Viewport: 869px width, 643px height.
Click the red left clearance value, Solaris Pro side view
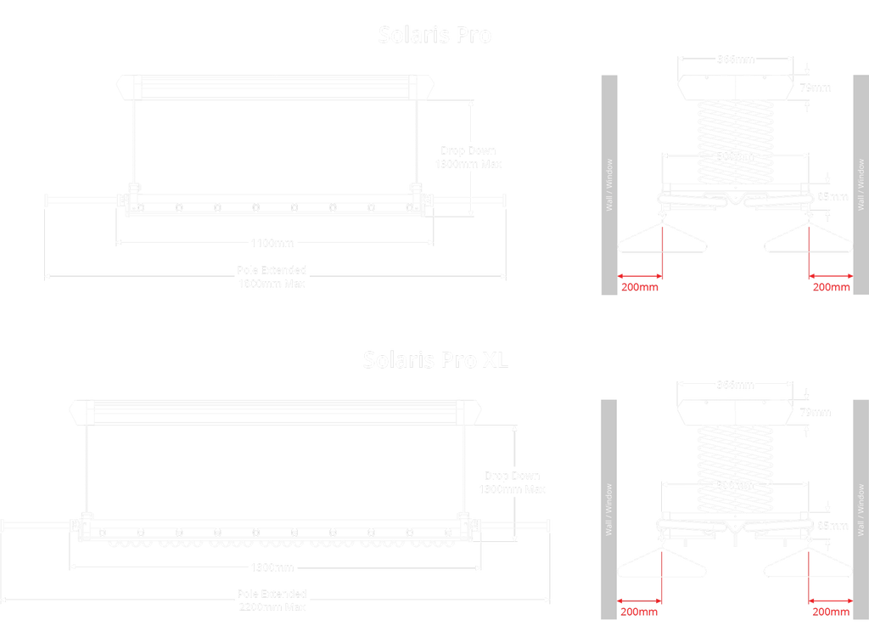pos(640,287)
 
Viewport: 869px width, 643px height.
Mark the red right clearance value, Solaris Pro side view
pos(831,287)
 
